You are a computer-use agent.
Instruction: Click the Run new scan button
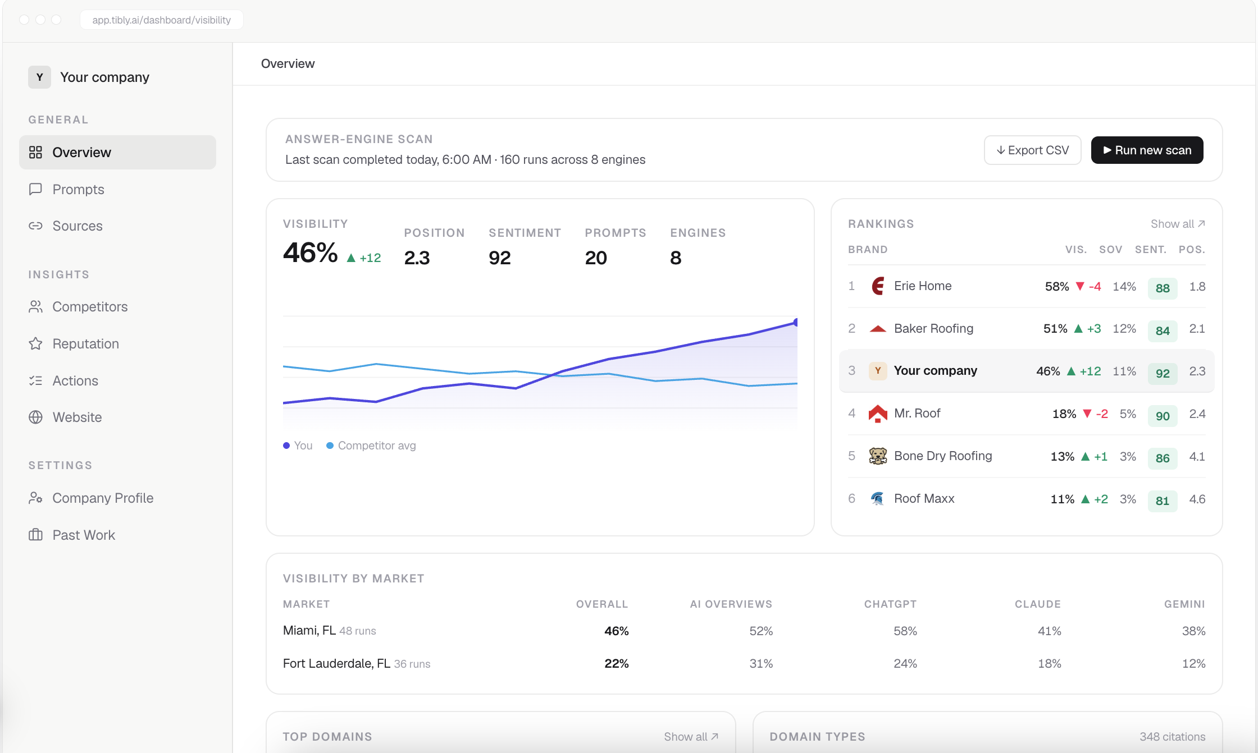(1147, 150)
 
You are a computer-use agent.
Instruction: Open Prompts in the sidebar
(78, 189)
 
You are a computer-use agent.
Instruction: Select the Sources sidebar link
(78, 226)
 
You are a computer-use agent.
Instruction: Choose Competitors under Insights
(90, 306)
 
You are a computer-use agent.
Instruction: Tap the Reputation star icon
(35, 343)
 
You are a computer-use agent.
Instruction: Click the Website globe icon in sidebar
(35, 417)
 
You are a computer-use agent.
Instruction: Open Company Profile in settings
(103, 498)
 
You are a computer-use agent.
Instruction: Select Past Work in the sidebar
(84, 535)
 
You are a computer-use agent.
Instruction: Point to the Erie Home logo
(878, 286)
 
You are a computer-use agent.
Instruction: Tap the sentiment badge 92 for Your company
(1163, 373)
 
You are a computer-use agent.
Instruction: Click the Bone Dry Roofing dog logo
(878, 456)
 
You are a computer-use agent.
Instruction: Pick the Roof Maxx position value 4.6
(1197, 499)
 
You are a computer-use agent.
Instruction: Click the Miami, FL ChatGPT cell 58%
(905, 631)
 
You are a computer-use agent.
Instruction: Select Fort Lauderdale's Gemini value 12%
(1193, 663)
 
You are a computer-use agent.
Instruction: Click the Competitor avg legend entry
(371, 446)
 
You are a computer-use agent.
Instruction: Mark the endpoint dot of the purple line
(796, 322)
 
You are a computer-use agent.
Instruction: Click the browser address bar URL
(161, 20)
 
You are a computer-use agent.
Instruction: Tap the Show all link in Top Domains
(691, 737)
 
